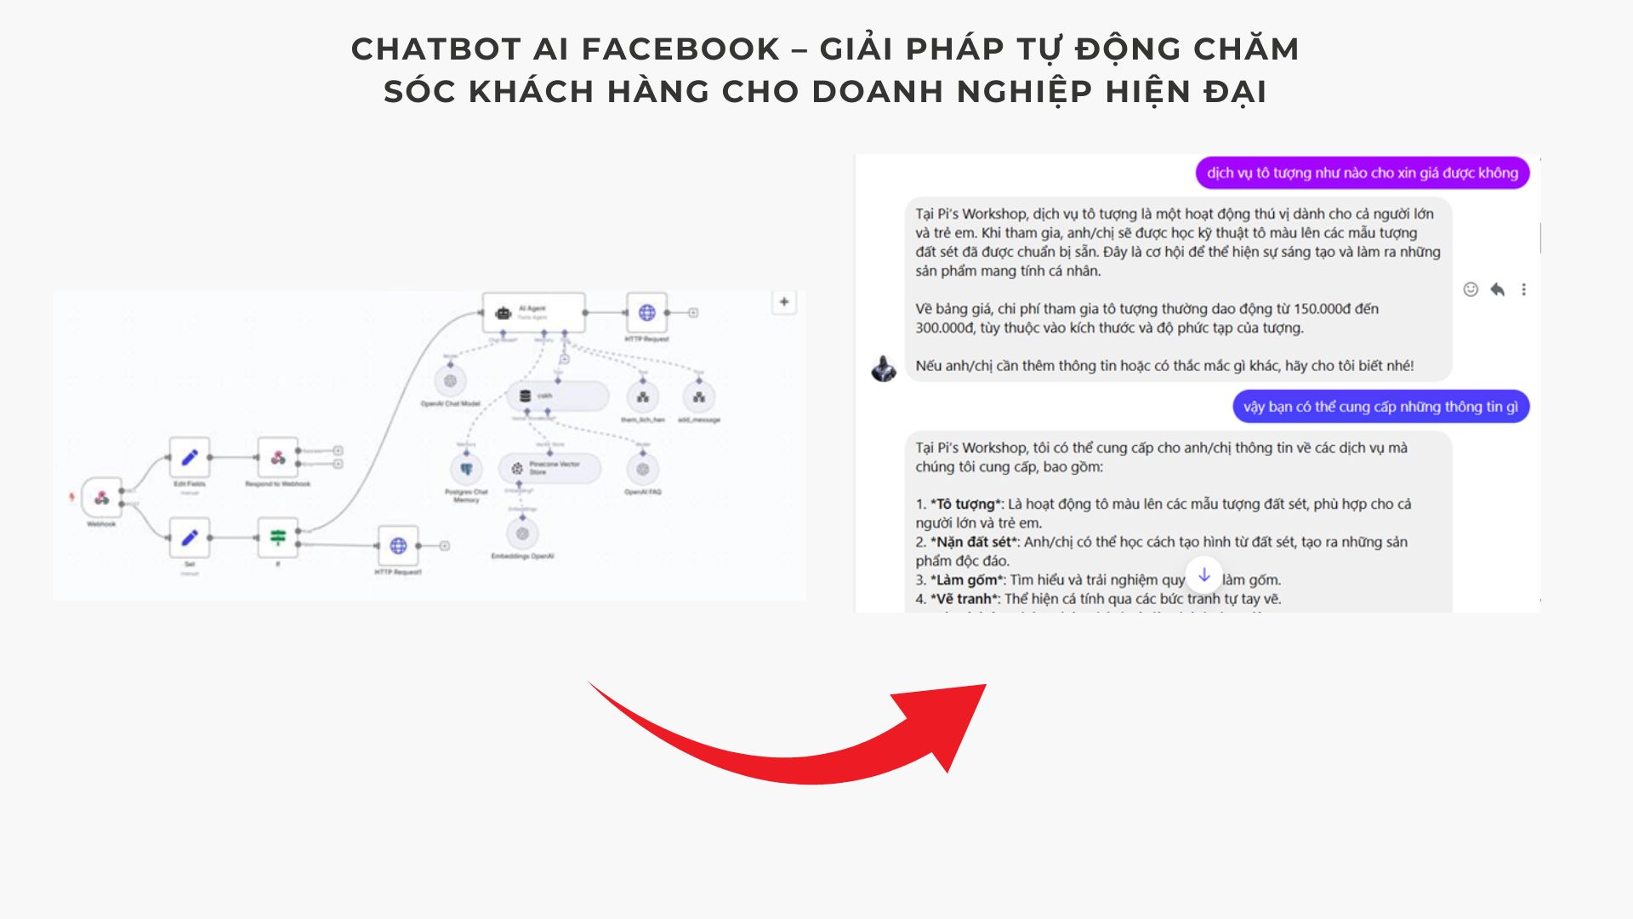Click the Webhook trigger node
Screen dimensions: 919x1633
coord(102,497)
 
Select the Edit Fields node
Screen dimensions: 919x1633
coord(190,458)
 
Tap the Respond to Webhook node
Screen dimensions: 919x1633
coord(278,458)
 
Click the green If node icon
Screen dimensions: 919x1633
coord(278,538)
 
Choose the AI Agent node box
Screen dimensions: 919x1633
coord(533,312)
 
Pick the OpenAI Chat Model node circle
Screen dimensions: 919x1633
coord(450,381)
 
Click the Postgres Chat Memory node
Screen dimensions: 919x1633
coord(466,469)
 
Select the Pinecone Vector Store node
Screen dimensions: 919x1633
coord(549,468)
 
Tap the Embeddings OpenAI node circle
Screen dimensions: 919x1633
coord(522,534)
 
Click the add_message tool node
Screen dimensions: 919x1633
coord(699,397)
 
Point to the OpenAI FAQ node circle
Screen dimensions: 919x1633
coord(643,469)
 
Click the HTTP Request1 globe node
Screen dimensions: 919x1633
coord(398,545)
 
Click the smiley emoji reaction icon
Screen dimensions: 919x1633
coord(1471,289)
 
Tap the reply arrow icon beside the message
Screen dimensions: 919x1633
coord(1497,289)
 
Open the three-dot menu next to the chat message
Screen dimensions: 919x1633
coord(1523,289)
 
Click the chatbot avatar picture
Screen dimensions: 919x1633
coord(884,368)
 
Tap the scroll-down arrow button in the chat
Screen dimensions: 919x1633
coord(1203,575)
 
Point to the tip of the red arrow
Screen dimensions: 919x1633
coord(985,685)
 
